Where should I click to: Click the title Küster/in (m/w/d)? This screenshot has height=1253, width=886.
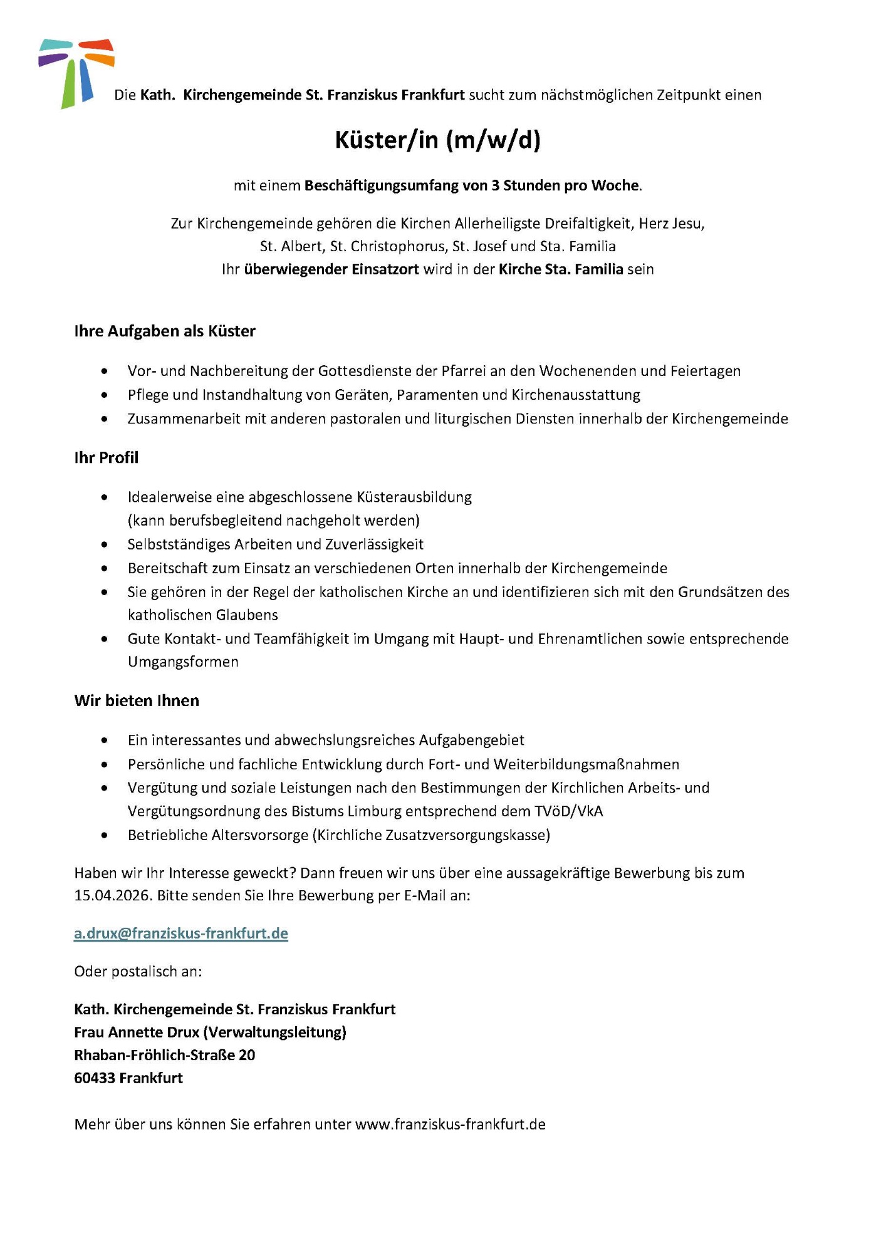click(437, 140)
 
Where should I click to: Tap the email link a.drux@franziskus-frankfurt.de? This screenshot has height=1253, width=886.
click(181, 933)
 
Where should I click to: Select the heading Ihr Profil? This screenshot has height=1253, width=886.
click(106, 457)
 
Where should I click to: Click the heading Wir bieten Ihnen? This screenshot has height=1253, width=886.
click(137, 700)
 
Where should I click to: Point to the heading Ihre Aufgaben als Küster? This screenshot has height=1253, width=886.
click(165, 331)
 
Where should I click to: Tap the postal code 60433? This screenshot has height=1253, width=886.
click(95, 1078)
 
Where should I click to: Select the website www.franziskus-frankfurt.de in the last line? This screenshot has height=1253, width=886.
click(451, 1125)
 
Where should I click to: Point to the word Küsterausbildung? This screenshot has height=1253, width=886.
click(414, 497)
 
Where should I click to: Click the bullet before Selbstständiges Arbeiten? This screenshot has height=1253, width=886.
click(104, 544)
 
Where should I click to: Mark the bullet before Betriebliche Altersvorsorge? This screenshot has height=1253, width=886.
click(104, 835)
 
